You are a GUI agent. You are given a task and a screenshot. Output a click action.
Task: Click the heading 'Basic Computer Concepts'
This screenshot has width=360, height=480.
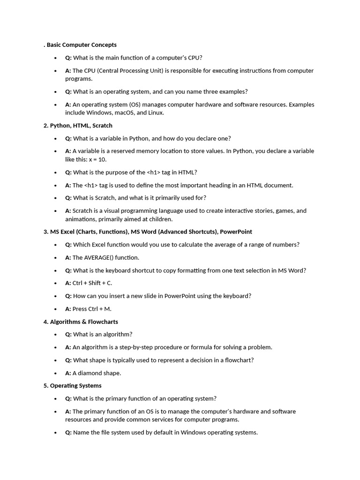click(x=82, y=45)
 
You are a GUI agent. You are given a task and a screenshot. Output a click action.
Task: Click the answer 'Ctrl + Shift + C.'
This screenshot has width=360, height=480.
click(x=92, y=283)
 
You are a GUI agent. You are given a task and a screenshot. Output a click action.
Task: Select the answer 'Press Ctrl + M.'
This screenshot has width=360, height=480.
click(x=91, y=309)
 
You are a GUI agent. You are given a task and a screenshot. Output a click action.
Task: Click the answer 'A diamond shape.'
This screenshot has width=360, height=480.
click(x=97, y=373)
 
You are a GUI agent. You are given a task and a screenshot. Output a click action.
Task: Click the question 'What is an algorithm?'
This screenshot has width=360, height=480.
click(x=103, y=334)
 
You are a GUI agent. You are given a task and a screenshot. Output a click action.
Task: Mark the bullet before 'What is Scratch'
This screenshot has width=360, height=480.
click(x=55, y=198)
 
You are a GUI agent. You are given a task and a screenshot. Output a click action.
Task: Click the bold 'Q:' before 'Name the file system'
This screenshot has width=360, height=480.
click(x=68, y=433)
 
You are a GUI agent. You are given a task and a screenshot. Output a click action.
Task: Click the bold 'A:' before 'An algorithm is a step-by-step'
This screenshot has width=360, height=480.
click(x=68, y=347)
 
